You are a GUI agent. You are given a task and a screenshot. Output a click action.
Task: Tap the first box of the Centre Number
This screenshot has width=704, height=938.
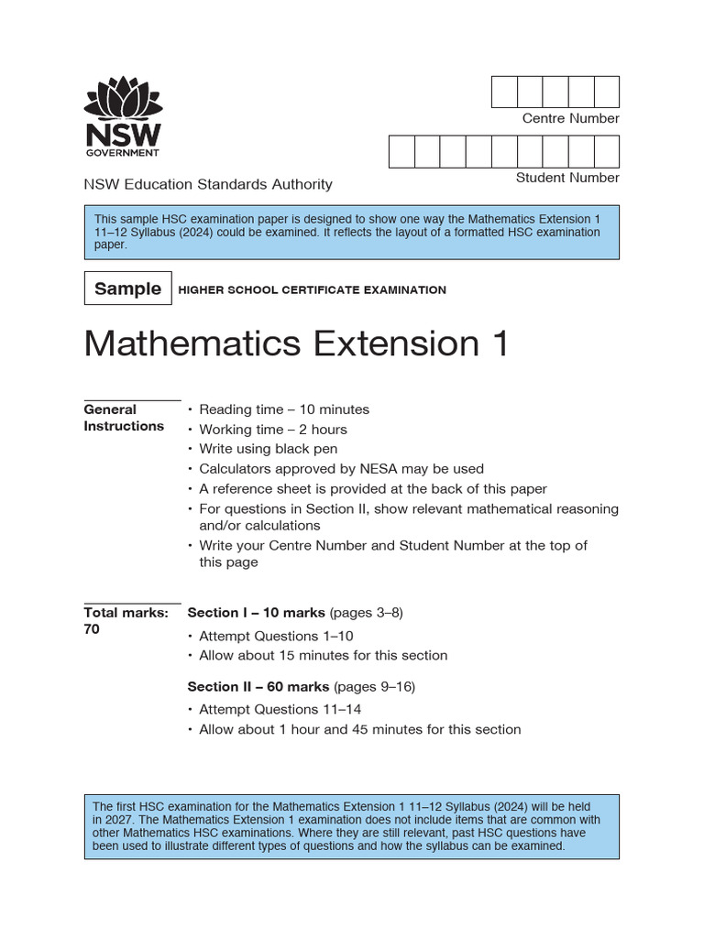tap(504, 93)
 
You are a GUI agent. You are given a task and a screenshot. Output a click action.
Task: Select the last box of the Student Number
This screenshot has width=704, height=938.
tap(607, 152)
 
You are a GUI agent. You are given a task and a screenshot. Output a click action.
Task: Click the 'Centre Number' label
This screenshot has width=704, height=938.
tap(570, 118)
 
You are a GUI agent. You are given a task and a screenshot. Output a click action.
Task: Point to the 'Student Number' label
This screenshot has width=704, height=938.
tap(567, 178)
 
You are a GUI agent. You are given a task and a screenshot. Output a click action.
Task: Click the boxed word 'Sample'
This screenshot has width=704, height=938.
tap(127, 289)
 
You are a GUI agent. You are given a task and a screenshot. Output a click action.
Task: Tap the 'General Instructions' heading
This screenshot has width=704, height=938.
tap(124, 418)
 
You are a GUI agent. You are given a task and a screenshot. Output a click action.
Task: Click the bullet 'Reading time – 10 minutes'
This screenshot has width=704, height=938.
tap(284, 409)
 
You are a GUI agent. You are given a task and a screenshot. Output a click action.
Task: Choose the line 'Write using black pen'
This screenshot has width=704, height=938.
tap(269, 449)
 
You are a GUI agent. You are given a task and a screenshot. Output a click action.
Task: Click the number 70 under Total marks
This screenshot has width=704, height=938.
tap(92, 629)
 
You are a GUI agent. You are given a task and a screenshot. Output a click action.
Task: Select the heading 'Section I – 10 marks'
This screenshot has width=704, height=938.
tap(256, 613)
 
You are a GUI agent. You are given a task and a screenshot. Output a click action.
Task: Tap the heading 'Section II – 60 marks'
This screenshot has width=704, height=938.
tap(258, 686)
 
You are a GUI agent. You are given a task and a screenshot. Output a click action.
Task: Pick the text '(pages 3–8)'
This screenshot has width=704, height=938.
tap(366, 613)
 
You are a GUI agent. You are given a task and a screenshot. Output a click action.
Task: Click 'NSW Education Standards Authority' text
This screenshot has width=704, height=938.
tap(208, 184)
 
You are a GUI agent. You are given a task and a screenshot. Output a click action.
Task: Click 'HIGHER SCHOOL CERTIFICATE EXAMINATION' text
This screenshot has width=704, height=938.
tap(312, 289)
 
